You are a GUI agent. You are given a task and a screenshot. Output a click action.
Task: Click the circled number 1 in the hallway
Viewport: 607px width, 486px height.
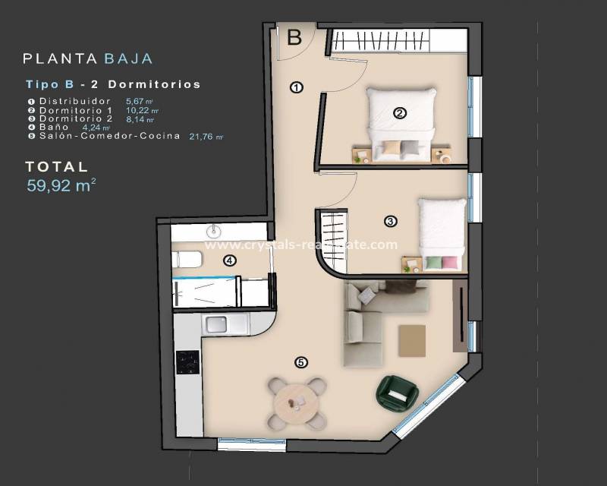[x=297, y=87]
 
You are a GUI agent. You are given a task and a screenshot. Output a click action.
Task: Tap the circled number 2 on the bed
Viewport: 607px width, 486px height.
[x=400, y=114]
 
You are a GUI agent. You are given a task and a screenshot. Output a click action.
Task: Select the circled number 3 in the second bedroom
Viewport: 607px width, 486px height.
[x=390, y=222]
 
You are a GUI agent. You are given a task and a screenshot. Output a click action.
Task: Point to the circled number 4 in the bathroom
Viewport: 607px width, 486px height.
[x=230, y=260]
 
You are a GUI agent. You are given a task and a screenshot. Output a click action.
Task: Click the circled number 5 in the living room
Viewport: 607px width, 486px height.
[x=301, y=362]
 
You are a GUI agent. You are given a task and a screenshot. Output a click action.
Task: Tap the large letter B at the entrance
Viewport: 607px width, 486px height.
[x=295, y=36]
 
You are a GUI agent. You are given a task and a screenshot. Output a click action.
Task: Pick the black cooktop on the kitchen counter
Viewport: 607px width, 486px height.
[x=187, y=361]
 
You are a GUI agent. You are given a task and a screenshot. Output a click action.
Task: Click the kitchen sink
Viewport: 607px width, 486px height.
[x=217, y=325]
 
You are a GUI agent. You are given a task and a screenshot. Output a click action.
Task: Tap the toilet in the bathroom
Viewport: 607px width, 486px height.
[x=188, y=260]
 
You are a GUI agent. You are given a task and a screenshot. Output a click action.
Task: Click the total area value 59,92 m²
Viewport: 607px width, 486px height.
[x=61, y=187]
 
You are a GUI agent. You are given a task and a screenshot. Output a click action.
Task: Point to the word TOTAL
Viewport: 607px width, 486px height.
[x=56, y=166]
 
